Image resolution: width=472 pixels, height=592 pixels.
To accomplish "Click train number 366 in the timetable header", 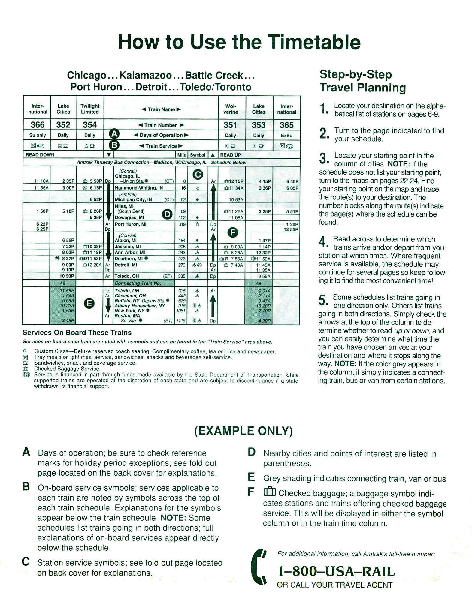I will point(38,125).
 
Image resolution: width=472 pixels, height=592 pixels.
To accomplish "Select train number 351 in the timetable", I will point(230,125).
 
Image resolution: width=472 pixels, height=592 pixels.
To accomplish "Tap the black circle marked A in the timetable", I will point(114,134).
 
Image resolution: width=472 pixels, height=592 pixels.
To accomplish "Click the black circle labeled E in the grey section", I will point(89,304).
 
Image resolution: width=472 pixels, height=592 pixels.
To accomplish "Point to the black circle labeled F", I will point(233,232).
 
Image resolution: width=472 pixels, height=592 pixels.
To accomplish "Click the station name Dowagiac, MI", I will point(129,217).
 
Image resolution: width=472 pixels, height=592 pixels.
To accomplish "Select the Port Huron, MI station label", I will point(131,224).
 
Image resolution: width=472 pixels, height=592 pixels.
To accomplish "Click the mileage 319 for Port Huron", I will point(182,224).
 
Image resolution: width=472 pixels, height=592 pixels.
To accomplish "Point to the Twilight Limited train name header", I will point(90,109).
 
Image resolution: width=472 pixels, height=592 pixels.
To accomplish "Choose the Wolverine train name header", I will point(231,109).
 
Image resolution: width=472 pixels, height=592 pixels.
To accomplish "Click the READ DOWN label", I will point(40,155).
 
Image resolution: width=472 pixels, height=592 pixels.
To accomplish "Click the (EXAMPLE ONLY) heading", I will point(243,431).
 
